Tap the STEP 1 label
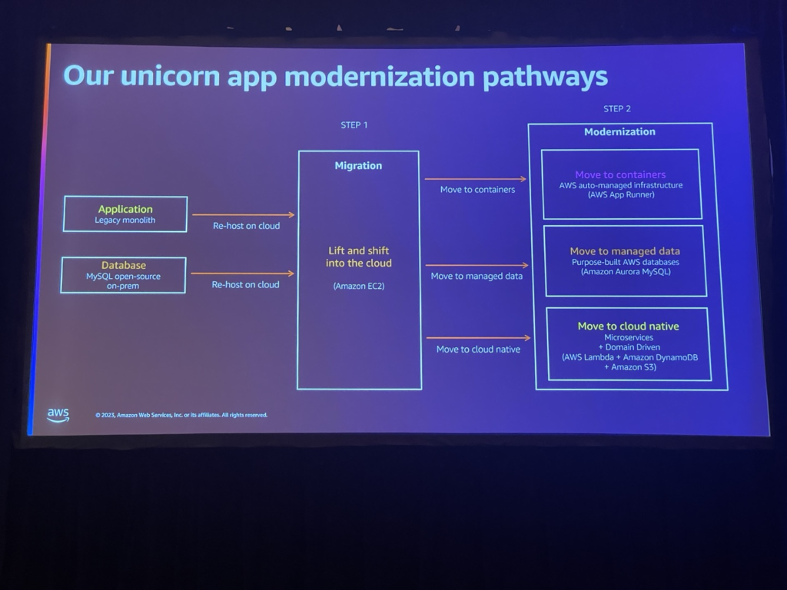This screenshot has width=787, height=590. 354,125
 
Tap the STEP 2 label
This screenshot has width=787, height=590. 617,109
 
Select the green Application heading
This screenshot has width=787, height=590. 125,209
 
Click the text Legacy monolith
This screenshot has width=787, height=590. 125,220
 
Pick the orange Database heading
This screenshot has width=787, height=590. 124,265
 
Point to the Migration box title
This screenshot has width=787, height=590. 358,166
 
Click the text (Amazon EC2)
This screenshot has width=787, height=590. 358,286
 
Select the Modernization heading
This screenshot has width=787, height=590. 619,131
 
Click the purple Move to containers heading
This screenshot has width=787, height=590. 620,174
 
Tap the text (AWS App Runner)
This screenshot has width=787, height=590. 620,195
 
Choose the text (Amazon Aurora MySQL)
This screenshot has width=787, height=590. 626,272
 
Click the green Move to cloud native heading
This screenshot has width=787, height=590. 628,326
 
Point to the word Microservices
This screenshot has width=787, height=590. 629,337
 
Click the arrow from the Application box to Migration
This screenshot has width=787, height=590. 243,215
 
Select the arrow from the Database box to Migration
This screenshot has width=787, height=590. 242,273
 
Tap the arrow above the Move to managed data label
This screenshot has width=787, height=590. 476,266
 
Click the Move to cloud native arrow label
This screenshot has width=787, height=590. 478,350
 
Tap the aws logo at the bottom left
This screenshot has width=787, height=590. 58,415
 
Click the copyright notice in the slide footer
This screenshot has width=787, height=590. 181,415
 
